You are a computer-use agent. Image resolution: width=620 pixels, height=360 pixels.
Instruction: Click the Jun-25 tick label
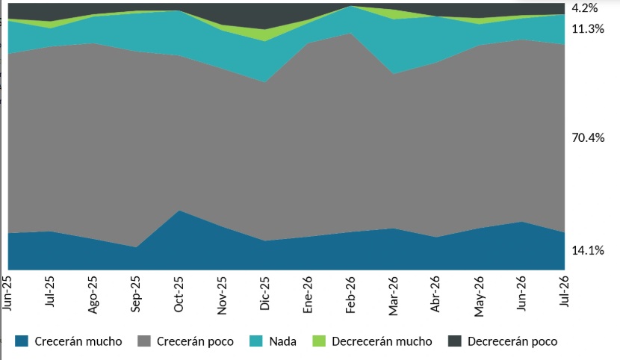[x=7, y=293]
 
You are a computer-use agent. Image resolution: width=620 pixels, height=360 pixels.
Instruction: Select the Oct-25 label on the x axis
[x=179, y=294]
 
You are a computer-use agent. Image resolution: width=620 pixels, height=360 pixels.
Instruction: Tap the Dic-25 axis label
[x=264, y=294]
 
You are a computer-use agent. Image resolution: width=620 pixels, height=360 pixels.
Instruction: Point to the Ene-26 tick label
[x=307, y=294]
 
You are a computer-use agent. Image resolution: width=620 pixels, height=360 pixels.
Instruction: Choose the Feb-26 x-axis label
[x=350, y=294]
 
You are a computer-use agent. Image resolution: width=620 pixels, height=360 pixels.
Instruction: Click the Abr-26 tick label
[x=435, y=294]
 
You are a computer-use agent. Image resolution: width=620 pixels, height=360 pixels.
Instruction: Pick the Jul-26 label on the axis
[x=564, y=291]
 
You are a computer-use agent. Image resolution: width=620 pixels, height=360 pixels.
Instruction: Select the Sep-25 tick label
[x=135, y=294]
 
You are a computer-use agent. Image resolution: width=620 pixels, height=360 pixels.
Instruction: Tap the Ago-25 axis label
[x=92, y=295]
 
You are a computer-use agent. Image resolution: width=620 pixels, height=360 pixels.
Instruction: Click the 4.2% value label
[x=584, y=8]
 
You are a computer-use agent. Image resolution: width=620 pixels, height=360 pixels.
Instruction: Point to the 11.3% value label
[x=588, y=29]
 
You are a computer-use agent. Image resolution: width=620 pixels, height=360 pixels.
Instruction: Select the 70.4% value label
[x=588, y=138]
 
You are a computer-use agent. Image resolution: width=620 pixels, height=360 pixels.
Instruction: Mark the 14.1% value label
[x=588, y=250]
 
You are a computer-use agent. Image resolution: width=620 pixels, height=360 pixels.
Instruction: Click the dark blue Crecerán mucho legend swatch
[x=22, y=341]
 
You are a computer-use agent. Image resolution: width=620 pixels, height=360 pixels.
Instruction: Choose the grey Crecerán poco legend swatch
[x=144, y=341]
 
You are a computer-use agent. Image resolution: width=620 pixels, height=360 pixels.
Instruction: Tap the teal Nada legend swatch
[x=256, y=341]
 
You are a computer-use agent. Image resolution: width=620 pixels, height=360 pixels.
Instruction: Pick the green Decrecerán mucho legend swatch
[x=319, y=341]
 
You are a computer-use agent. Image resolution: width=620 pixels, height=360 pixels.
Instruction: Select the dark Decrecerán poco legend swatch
[x=455, y=341]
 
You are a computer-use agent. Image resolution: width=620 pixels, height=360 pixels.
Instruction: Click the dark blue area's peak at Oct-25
[x=179, y=211]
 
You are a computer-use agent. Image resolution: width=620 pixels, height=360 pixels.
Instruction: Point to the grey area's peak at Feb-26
[x=350, y=33]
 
